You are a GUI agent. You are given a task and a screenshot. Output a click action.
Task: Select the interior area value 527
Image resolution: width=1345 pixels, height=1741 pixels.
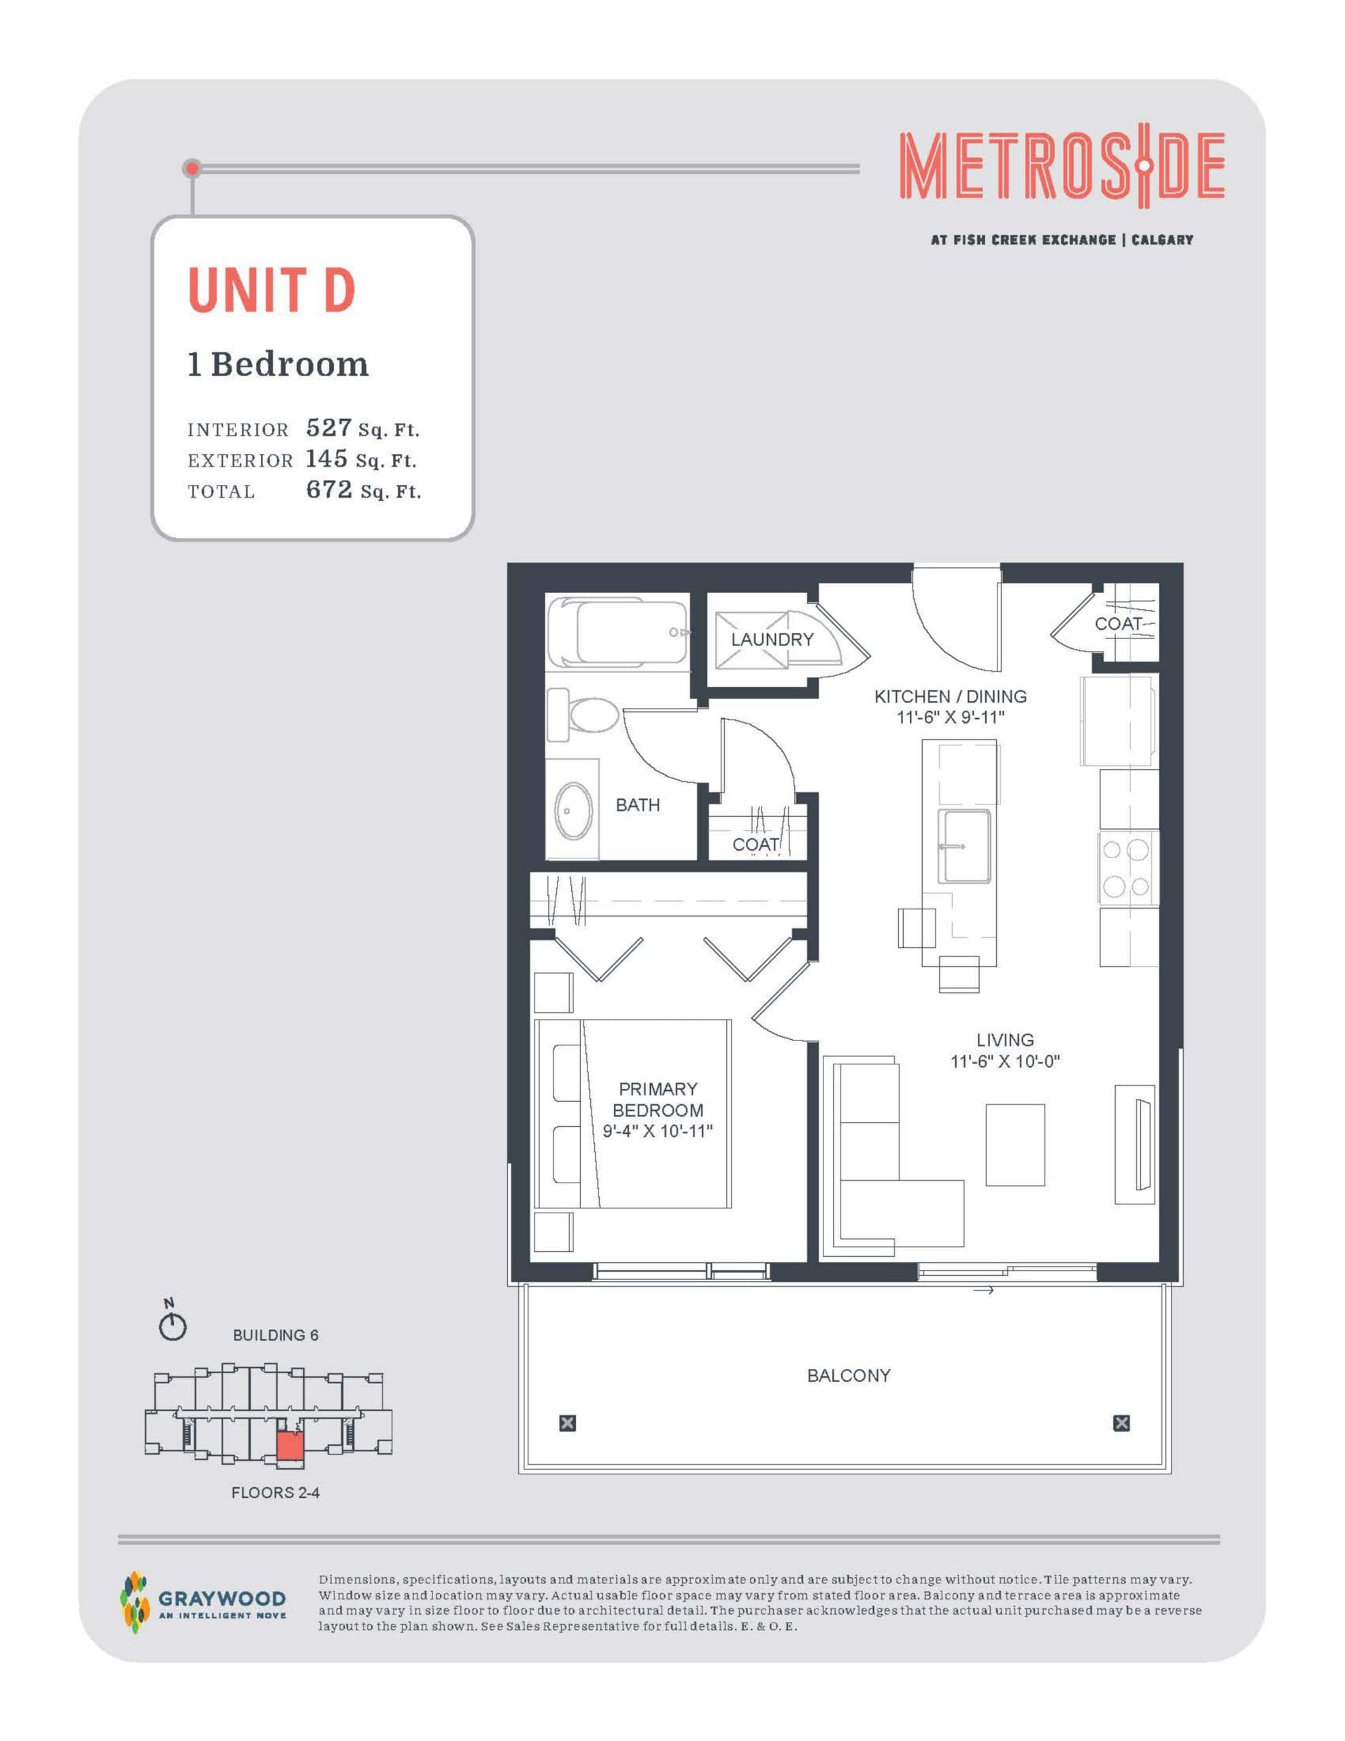tap(328, 428)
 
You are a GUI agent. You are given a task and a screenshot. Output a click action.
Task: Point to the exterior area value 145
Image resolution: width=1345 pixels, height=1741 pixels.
tap(326, 458)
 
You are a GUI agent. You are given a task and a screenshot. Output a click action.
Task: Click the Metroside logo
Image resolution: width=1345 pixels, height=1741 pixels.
tap(1061, 167)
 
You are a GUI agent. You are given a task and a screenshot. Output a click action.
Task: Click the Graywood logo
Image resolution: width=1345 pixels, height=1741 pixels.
tap(203, 1602)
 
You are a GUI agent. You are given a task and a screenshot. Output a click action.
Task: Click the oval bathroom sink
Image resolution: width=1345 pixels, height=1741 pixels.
tap(573, 811)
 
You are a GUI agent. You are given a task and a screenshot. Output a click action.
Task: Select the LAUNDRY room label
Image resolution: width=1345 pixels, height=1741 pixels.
tap(772, 639)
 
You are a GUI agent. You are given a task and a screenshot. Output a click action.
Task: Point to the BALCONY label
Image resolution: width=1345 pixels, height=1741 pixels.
tap(849, 1375)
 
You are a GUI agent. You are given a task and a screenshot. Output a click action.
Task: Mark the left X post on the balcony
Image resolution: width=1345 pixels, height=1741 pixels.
tap(567, 1423)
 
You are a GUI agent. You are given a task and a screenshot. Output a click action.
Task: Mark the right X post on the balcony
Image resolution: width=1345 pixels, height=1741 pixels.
tap(1121, 1423)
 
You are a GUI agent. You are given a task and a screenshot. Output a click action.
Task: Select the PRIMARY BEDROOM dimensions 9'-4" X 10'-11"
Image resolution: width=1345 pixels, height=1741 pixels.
tap(657, 1131)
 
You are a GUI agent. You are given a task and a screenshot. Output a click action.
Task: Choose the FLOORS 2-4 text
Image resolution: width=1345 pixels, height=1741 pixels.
tap(275, 1492)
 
